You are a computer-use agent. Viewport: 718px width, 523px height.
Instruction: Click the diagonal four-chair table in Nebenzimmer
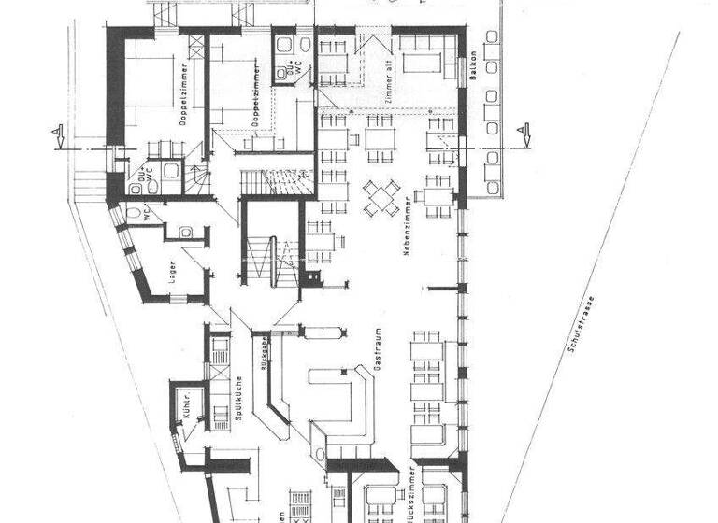[381, 197]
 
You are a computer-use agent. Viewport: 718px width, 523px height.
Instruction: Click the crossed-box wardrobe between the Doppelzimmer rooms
[196, 48]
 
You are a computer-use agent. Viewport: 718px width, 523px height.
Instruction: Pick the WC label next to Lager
[148, 211]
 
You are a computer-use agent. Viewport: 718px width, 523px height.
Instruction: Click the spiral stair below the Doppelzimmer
[197, 177]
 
